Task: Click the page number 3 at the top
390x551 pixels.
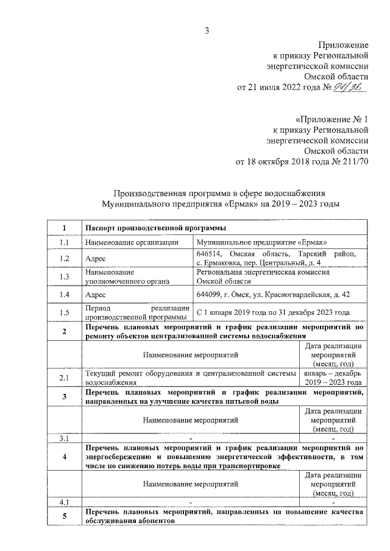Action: [x=207, y=31]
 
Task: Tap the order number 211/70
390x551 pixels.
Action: [x=352, y=162]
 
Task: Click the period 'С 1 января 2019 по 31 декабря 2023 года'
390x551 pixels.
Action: [x=273, y=312]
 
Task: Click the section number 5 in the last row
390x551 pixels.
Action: [x=65, y=517]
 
